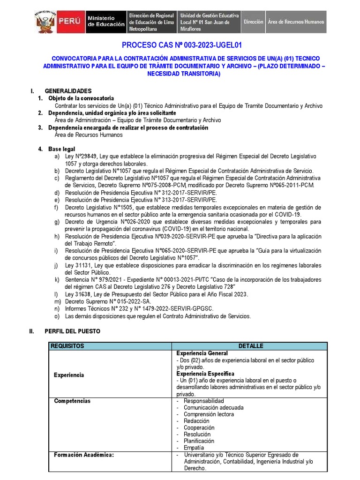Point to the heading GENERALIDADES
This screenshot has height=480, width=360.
click(68, 91)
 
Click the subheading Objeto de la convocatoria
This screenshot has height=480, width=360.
click(81, 98)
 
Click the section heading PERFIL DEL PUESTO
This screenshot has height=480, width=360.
click(72, 331)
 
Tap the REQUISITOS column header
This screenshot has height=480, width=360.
click(67, 346)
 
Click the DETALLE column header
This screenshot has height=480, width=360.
click(250, 346)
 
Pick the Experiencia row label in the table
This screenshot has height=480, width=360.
click(69, 375)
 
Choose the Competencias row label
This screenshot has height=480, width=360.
click(72, 401)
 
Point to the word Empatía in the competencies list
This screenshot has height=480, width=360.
click(194, 448)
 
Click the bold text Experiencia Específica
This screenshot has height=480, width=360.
click(204, 374)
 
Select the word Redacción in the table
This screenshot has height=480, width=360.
click(196, 421)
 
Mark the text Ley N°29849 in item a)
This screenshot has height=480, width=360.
click(81, 156)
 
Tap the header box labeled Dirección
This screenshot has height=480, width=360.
click(254, 22)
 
